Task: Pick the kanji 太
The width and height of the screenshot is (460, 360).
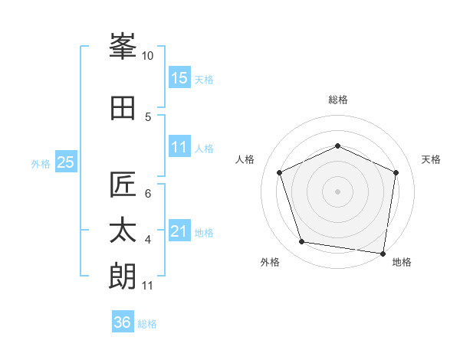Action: pyautogui.click(x=123, y=230)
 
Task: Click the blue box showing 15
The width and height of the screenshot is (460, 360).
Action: pyautogui.click(x=179, y=78)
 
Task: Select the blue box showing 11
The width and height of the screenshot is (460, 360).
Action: pyautogui.click(x=179, y=148)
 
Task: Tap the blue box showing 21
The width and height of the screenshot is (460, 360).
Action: pyautogui.click(x=179, y=232)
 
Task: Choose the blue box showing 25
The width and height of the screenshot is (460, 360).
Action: pyautogui.click(x=65, y=162)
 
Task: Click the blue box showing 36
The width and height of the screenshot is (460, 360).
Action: pyautogui.click(x=123, y=323)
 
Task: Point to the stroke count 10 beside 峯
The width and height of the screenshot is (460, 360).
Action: pyautogui.click(x=148, y=56)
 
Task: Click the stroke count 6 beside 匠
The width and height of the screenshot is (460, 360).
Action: pyautogui.click(x=148, y=194)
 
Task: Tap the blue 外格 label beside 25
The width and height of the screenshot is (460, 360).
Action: pyautogui.click(x=41, y=163)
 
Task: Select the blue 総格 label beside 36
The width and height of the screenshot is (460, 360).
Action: pyautogui.click(x=147, y=324)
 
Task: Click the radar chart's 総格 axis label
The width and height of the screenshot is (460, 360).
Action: pyautogui.click(x=338, y=100)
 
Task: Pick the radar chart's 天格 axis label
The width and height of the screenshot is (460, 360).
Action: pyautogui.click(x=431, y=159)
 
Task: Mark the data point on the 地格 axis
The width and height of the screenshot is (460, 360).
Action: pyautogui.click(x=383, y=253)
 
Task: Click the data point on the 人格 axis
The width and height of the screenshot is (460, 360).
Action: pyautogui.click(x=280, y=172)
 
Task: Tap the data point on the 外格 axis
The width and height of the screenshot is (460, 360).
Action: pyautogui.click(x=302, y=242)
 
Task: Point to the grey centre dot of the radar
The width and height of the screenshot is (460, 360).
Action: pyautogui.click(x=338, y=191)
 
